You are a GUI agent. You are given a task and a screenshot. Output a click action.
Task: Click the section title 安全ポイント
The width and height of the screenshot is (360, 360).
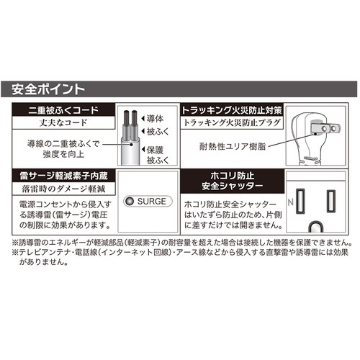[x=49, y=90]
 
